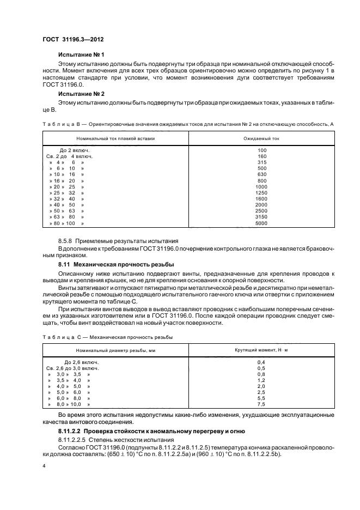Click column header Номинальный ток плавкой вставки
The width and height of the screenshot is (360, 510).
click(115, 138)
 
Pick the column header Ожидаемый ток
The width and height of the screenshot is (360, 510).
click(262, 138)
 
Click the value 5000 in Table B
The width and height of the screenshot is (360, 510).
click(262, 223)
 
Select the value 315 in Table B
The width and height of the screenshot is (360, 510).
click(262, 162)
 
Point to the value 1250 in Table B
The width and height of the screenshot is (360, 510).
click(262, 192)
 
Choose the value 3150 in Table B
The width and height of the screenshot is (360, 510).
click(262, 216)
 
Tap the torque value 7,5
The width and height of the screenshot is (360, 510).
click(261, 405)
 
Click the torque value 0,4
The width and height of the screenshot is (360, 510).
click(261, 362)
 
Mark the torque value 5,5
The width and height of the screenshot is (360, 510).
click(261, 398)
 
